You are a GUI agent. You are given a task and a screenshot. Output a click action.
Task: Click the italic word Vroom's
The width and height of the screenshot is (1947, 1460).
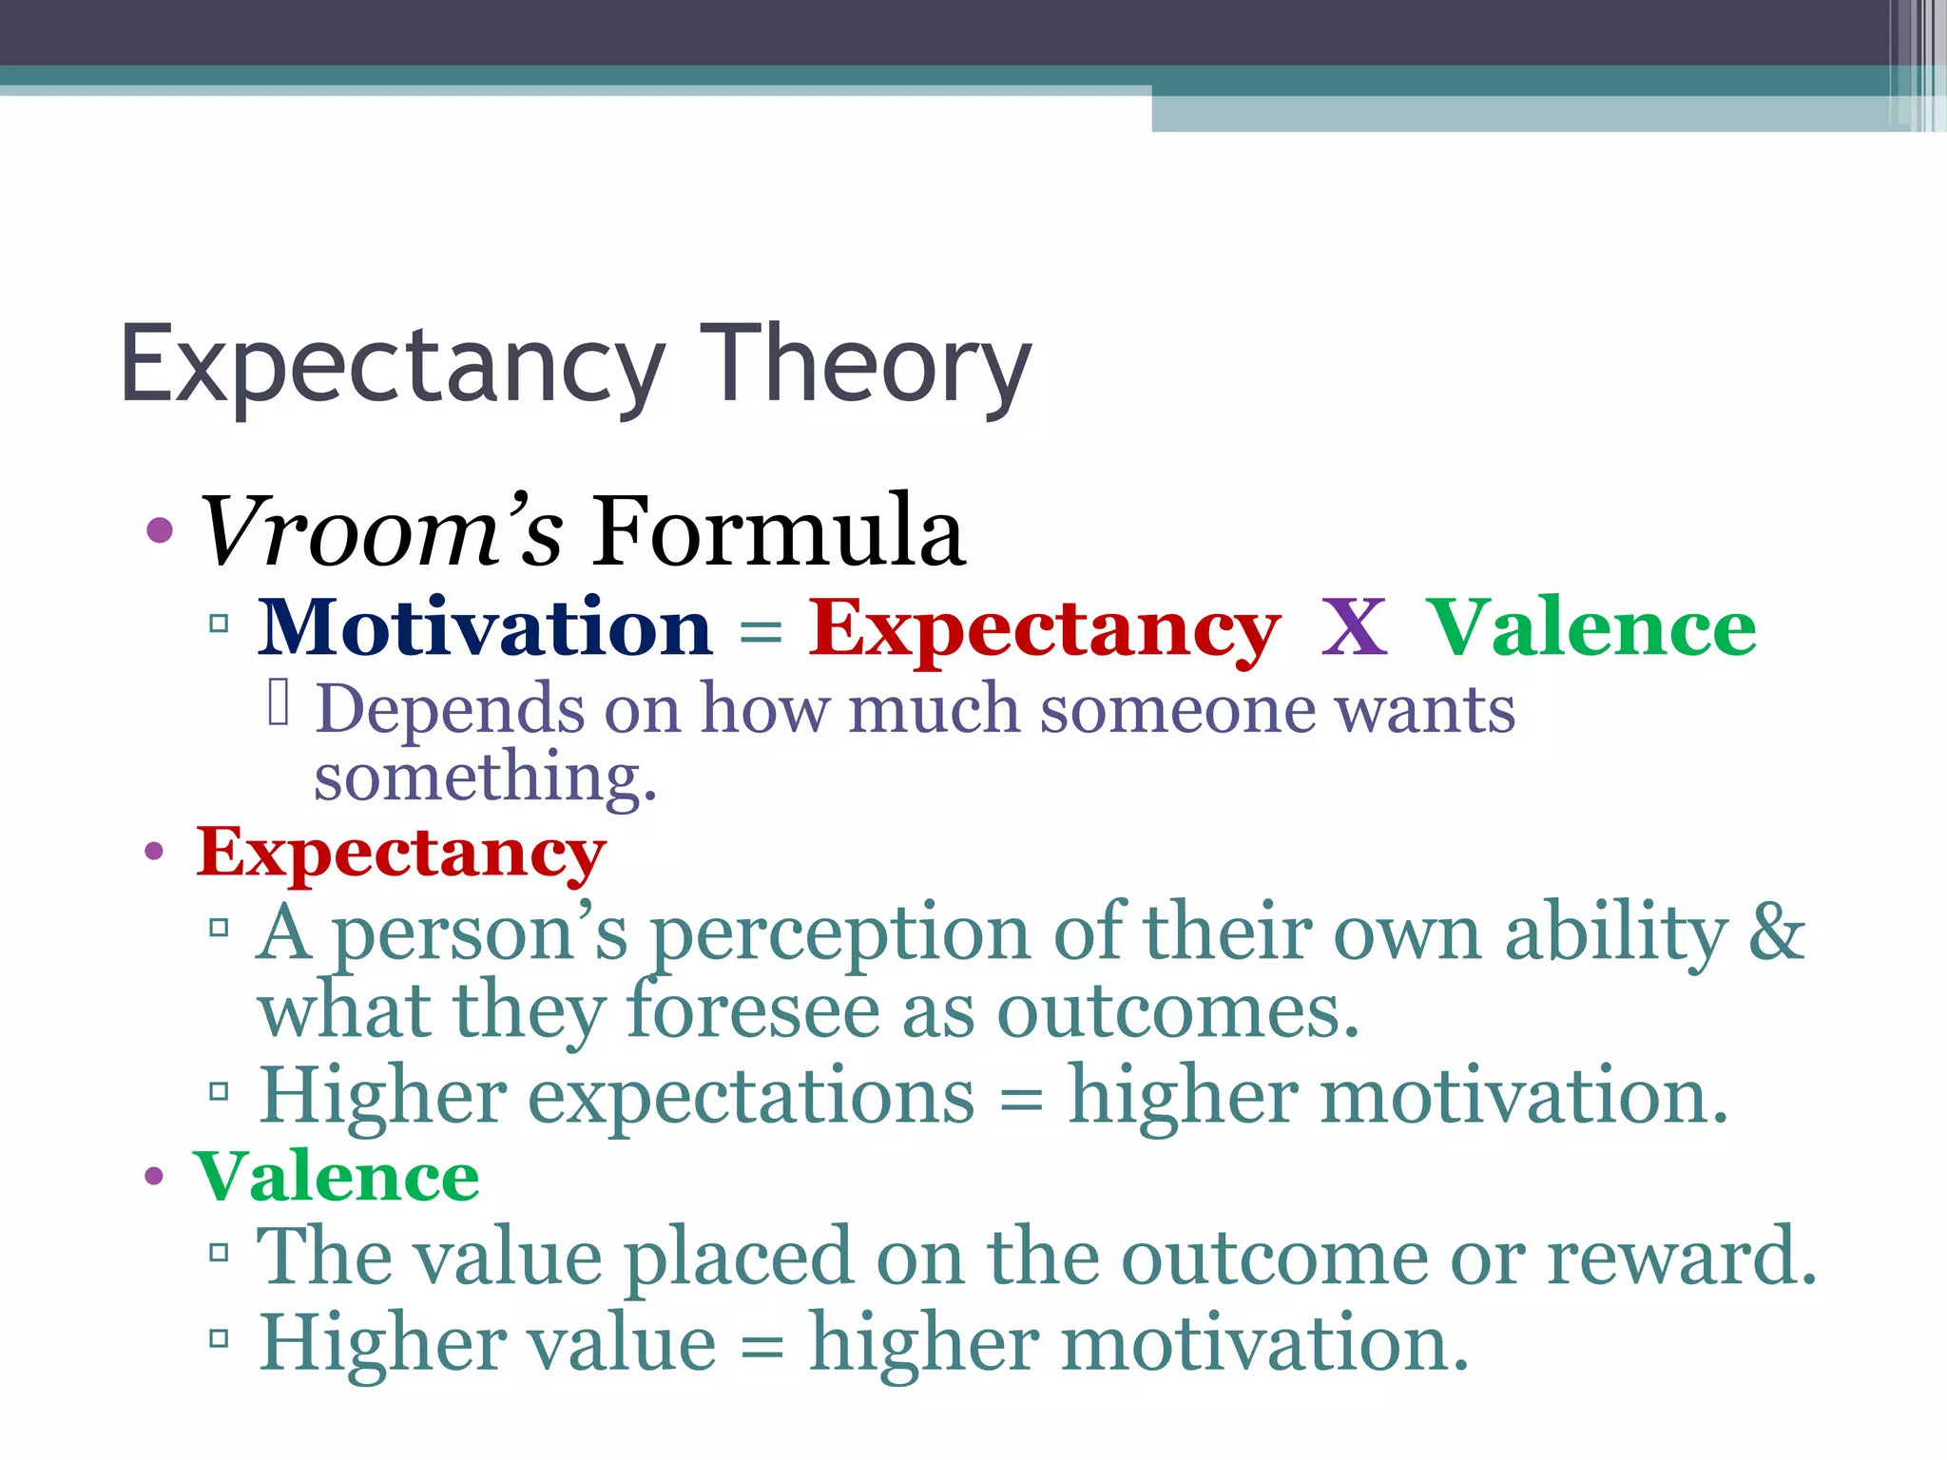pos(380,532)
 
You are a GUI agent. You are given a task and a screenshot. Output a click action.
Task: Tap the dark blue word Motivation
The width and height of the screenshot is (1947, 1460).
pos(485,629)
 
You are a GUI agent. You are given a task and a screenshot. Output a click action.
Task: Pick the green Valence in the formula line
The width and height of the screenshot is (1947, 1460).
pos(1592,629)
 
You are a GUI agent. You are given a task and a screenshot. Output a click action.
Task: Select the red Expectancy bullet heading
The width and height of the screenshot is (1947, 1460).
pos(400,854)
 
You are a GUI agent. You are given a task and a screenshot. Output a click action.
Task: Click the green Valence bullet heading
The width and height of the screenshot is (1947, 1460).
pos(337,1177)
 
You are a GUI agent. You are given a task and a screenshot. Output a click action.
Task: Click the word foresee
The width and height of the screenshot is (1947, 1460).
pos(753,1011)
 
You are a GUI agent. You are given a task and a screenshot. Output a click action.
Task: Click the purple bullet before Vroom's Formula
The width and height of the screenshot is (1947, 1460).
pos(160,530)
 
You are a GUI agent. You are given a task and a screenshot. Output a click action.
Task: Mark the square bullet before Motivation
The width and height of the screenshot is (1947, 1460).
pos(220,624)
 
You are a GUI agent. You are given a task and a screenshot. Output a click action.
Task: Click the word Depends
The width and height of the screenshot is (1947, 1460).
pos(450,710)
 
